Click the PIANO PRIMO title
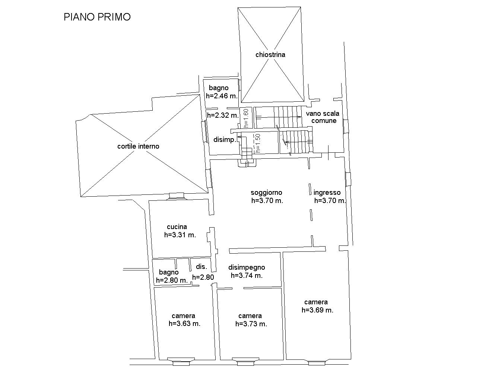(x=97, y=17)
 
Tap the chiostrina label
(x=270, y=55)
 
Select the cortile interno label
(x=138, y=146)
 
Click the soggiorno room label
(x=266, y=193)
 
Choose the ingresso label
(x=327, y=193)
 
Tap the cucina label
(x=177, y=227)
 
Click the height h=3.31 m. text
(x=180, y=235)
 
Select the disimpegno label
(x=247, y=267)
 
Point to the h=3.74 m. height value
(x=247, y=276)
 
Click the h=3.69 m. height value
(x=317, y=310)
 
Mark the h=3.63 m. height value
(x=184, y=324)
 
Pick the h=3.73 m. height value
(x=251, y=324)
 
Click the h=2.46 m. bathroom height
(x=222, y=96)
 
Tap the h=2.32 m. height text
(x=223, y=115)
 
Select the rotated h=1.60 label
(x=246, y=118)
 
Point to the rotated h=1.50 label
(x=258, y=143)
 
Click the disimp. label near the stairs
(x=225, y=140)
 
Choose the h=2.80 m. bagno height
(x=172, y=280)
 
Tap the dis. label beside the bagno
(x=201, y=267)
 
